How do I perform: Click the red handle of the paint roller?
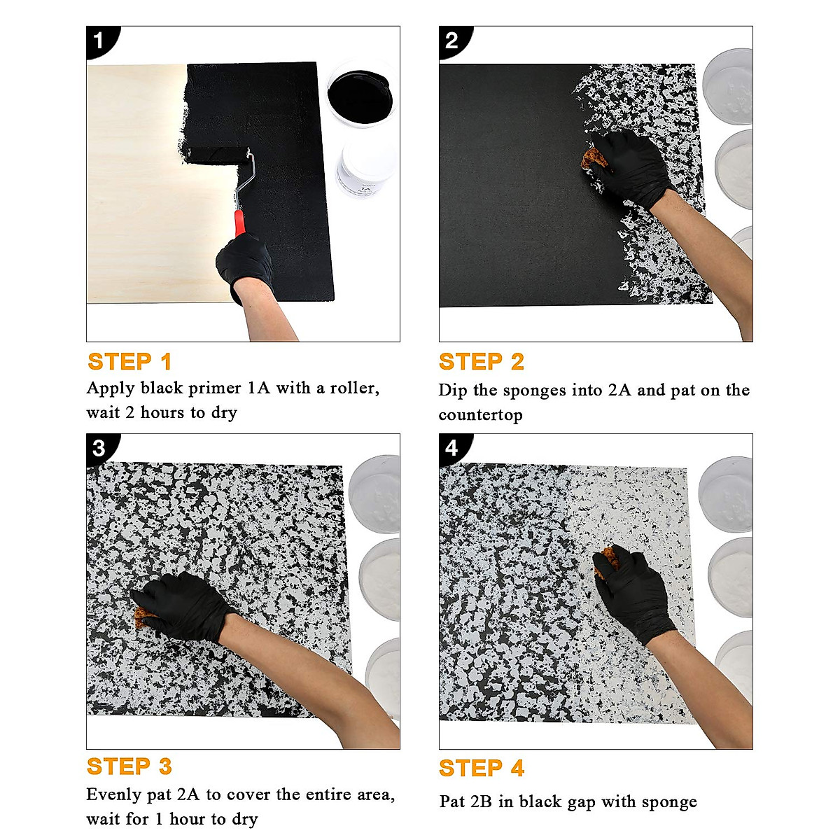(x=239, y=223)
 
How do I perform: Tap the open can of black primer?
(x=361, y=94)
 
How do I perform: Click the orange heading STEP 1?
(x=129, y=361)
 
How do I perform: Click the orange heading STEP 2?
(x=481, y=361)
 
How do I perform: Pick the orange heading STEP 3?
(x=129, y=766)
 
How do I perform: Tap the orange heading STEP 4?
(x=481, y=768)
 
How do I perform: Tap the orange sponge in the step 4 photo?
(x=607, y=562)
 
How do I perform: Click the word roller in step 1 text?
(x=354, y=388)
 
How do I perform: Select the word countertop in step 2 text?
(x=480, y=414)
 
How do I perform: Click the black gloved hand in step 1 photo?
(x=244, y=264)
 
